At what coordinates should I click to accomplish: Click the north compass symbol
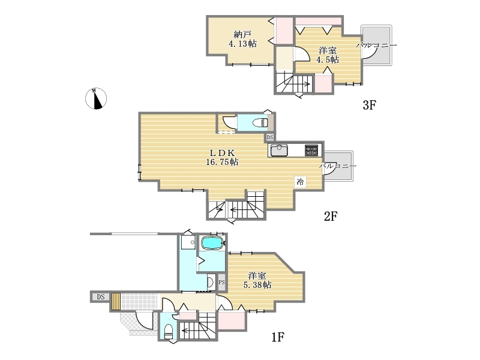96,98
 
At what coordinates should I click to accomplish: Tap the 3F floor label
369,105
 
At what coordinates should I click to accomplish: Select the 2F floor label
331,217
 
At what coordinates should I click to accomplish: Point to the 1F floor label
278,337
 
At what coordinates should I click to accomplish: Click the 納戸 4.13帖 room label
243,39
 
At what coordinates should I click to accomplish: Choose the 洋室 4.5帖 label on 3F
328,55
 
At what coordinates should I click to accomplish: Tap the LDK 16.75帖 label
222,157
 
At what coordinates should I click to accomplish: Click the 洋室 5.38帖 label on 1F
257,280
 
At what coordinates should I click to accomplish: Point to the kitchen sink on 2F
279,151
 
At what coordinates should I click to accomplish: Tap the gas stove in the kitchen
311,151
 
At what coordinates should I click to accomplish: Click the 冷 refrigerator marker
301,182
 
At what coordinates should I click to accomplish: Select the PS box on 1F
221,282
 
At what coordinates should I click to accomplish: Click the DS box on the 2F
269,137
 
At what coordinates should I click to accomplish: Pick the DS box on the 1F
101,297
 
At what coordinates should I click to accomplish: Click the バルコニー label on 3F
376,46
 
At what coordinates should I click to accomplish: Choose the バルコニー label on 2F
338,166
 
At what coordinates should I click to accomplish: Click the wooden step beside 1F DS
116,302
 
